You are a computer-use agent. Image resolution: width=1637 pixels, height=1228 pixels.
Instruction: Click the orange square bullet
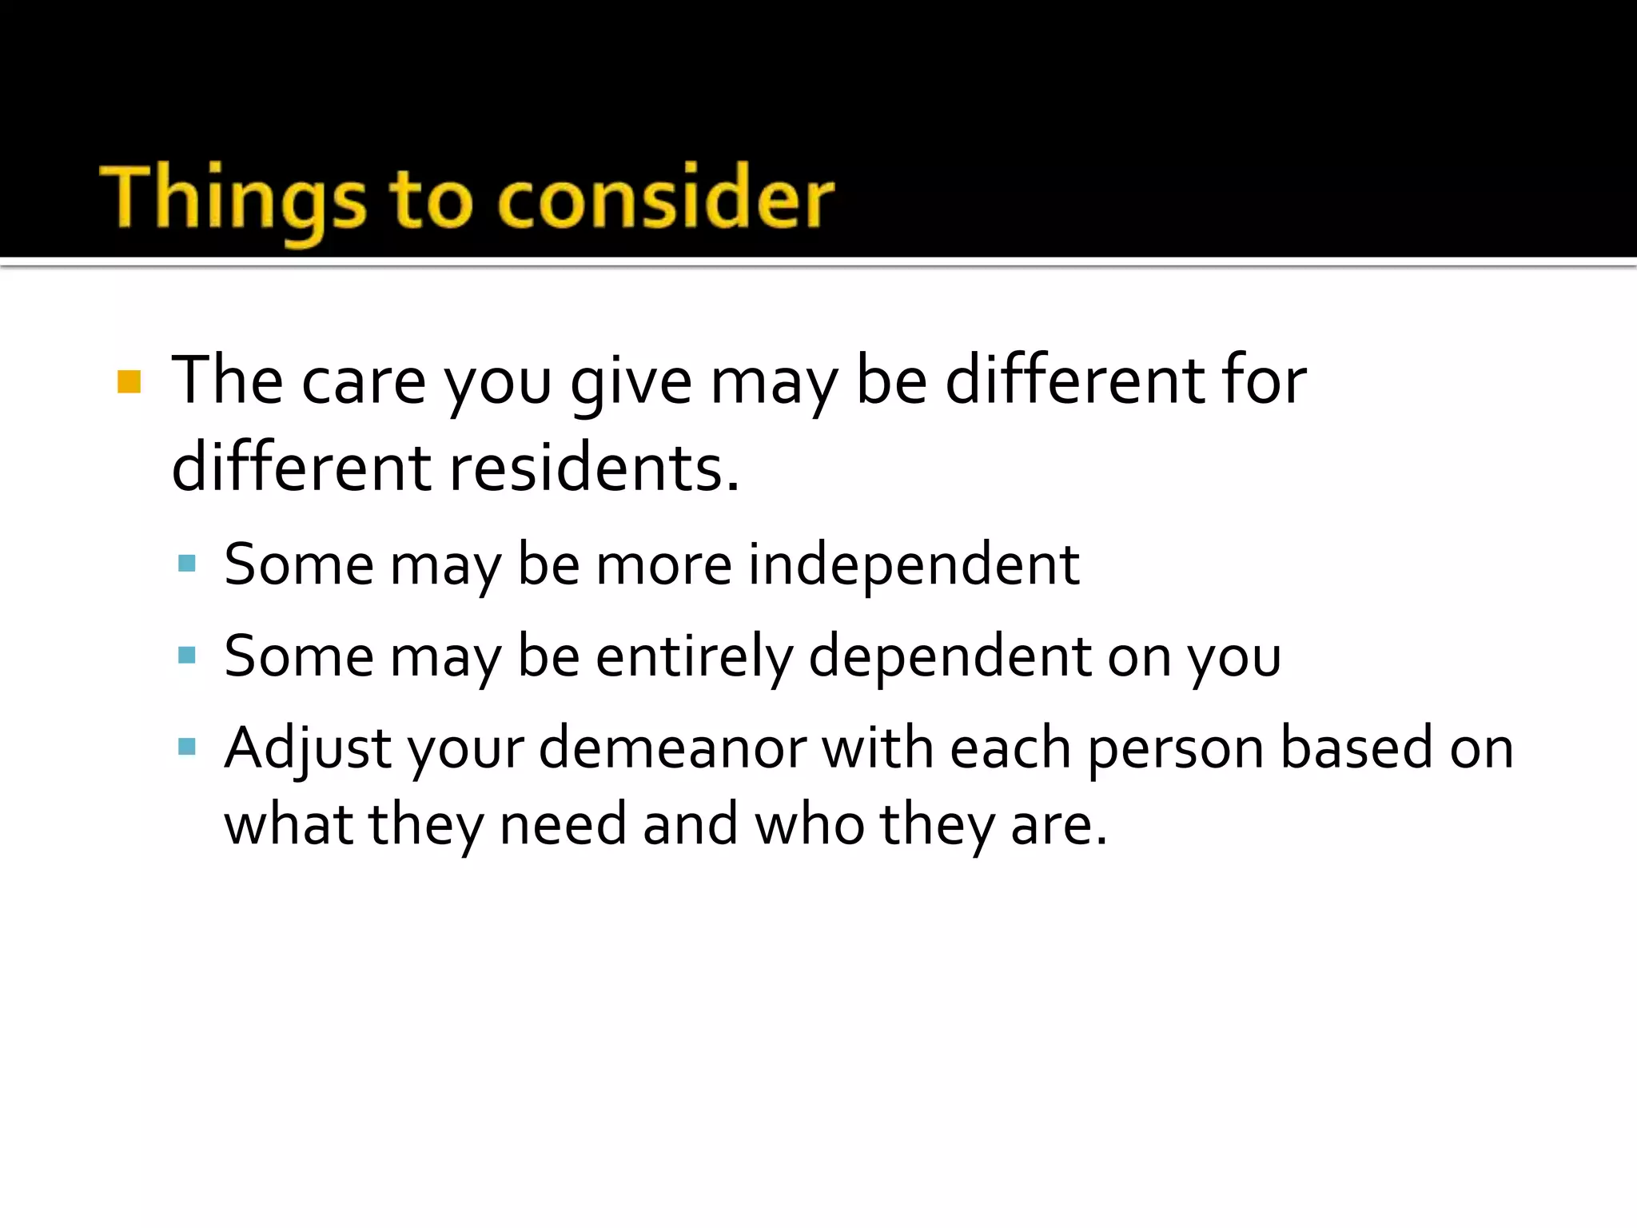[129, 382]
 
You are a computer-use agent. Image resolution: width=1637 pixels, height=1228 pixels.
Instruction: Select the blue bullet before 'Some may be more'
[187, 564]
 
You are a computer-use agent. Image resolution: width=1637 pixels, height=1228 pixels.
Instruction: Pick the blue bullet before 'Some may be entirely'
[187, 656]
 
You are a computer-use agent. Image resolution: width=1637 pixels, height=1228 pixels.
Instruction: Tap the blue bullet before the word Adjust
[187, 748]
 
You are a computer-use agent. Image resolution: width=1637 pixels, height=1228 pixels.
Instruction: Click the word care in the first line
[364, 382]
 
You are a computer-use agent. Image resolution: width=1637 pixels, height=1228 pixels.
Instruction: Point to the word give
[631, 382]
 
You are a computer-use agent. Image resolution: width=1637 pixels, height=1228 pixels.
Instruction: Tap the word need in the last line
[563, 825]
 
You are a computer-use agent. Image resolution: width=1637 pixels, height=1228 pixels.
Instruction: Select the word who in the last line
[810, 825]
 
